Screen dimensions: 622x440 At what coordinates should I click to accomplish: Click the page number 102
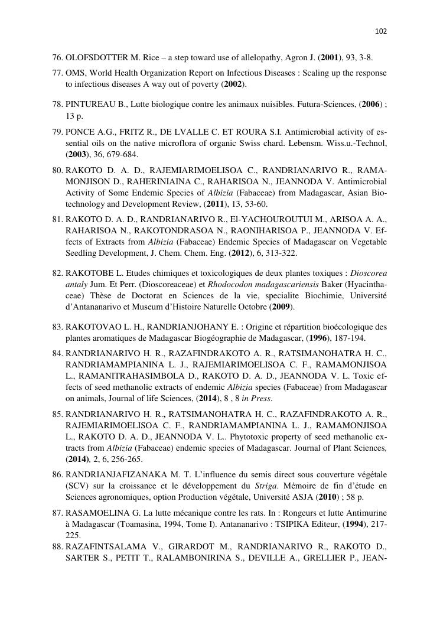point(381,31)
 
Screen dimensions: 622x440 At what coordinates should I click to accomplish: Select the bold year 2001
point(330,58)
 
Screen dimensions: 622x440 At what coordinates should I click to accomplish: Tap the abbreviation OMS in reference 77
point(75,73)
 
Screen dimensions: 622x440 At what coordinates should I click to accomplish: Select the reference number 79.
point(57,132)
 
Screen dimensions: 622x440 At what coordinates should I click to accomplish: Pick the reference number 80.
point(57,171)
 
